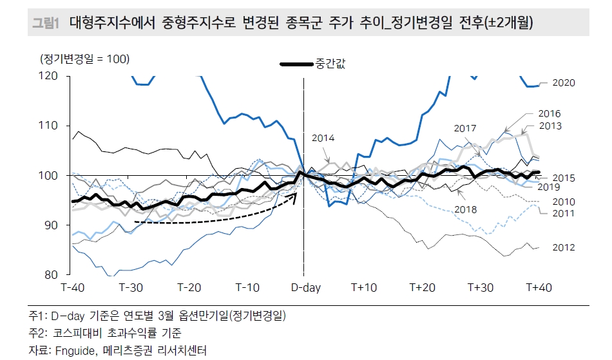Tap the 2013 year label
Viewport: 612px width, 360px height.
(549, 126)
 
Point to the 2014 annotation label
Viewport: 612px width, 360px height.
(324, 138)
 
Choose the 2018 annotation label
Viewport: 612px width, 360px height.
(466, 209)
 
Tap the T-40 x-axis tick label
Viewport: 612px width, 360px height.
(74, 287)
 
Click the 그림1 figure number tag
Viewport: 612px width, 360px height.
(46, 24)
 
